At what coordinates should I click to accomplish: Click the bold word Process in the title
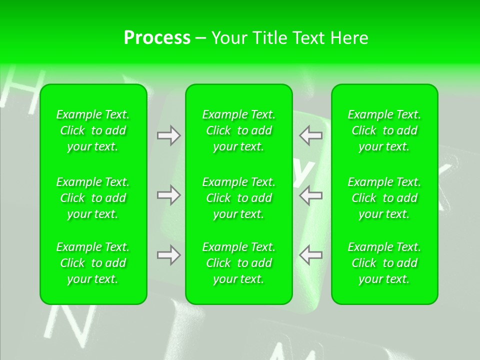point(157,38)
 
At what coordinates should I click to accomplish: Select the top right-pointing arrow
point(169,135)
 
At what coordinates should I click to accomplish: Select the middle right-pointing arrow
point(169,195)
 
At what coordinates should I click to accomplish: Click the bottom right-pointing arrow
point(169,255)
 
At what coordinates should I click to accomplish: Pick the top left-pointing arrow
point(310,135)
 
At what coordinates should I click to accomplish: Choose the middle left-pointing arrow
point(310,195)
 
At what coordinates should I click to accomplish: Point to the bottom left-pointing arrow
point(310,255)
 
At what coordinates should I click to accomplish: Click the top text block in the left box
point(93,130)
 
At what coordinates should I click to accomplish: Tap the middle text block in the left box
point(93,198)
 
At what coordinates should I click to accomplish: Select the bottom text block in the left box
point(93,263)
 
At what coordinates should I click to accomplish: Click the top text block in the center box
point(238,130)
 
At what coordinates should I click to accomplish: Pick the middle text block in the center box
point(238,198)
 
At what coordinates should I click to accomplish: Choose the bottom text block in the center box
point(238,263)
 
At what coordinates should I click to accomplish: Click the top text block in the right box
point(384,130)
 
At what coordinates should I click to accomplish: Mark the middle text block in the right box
point(384,198)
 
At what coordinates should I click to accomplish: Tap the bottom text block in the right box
point(384,263)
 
